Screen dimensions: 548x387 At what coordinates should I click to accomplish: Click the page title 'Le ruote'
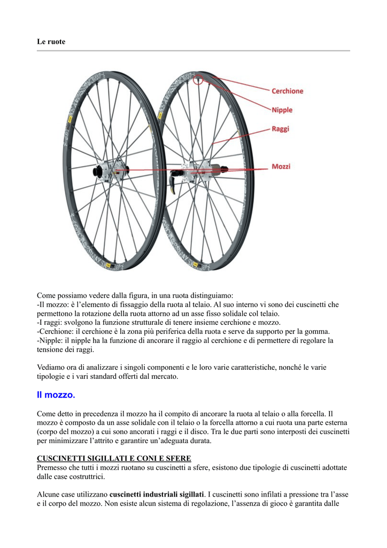point(51,42)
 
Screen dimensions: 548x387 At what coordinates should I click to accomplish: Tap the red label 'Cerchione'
point(287,91)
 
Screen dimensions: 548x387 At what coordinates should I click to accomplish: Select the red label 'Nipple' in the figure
point(282,110)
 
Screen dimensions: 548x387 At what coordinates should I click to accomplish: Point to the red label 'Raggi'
point(280,129)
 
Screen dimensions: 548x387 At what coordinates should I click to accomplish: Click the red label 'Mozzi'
point(281,166)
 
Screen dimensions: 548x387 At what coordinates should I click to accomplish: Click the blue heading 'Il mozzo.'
point(56,395)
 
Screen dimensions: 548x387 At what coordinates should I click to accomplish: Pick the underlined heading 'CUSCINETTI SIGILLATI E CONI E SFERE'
point(114,459)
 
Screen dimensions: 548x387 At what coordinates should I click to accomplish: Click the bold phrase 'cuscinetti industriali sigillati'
point(157,494)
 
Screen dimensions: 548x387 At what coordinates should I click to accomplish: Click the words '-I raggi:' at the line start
point(51,322)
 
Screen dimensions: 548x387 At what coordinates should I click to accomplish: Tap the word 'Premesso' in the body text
point(52,468)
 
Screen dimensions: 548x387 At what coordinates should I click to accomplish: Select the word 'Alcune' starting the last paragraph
point(48,494)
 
